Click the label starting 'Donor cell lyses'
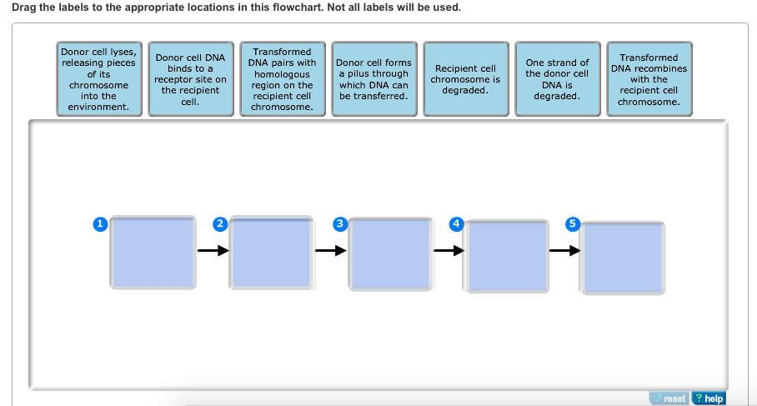click(x=99, y=78)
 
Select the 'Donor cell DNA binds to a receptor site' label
click(x=191, y=78)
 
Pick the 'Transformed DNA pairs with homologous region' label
click(x=283, y=78)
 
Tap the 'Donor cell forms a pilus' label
click(x=374, y=78)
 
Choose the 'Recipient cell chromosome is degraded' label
click(x=466, y=78)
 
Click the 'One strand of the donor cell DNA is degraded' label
click(x=558, y=78)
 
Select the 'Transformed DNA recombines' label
click(x=649, y=78)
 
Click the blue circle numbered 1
click(x=100, y=224)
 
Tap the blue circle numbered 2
click(x=220, y=224)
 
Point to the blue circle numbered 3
click(x=340, y=224)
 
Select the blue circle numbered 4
click(x=456, y=224)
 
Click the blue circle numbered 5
click(x=573, y=224)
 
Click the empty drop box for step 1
click(x=153, y=253)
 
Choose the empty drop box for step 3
click(x=391, y=254)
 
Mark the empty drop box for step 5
click(x=622, y=258)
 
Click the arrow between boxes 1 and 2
click(x=213, y=250)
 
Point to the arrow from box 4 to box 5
click(x=565, y=250)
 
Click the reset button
click(x=669, y=398)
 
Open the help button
click(x=709, y=398)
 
